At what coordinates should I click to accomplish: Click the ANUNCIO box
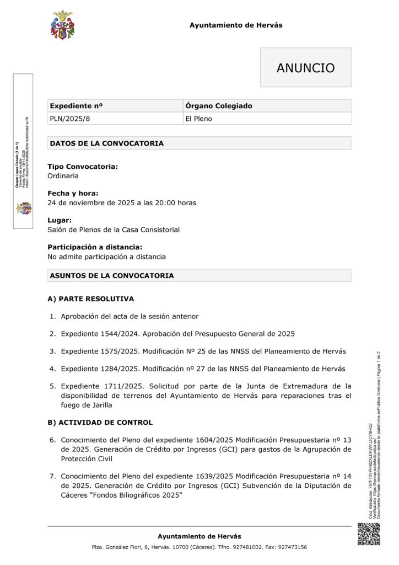tap(305, 68)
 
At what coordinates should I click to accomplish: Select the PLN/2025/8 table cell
tap(65, 119)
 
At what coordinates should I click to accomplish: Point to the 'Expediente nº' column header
tap(76, 105)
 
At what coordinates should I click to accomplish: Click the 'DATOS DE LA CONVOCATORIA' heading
tap(106, 143)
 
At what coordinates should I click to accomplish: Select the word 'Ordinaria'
tap(63, 176)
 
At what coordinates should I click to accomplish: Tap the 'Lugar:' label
tap(60, 220)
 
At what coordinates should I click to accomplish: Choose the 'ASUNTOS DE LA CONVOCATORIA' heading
tap(112, 275)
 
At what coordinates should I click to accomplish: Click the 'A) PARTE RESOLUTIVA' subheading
tap(90, 299)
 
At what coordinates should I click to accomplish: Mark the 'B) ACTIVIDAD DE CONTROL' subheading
tap(100, 423)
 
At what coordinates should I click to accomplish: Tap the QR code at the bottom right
tap(369, 534)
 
